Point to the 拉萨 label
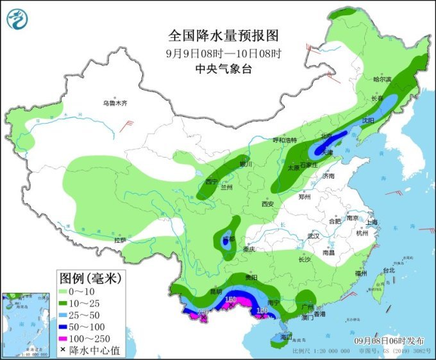click(x=121, y=240)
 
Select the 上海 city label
click(x=373, y=222)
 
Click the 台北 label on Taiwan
click(x=389, y=270)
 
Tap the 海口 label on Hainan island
click(x=286, y=336)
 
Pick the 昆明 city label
click(x=215, y=291)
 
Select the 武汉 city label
click(x=313, y=236)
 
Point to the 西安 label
click(x=267, y=204)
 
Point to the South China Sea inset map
click(x=27, y=324)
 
